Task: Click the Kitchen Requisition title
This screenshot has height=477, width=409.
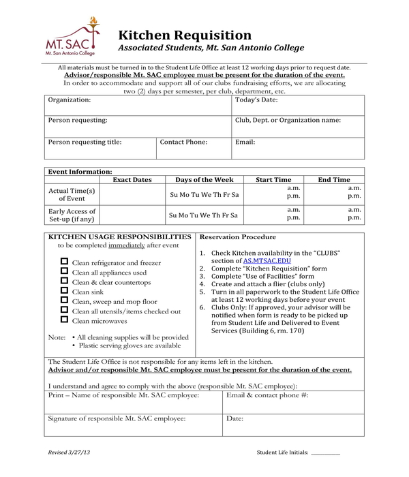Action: pos(185,35)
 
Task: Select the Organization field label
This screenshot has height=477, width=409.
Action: pos(69,100)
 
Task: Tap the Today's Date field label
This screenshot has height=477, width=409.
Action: pos(256,100)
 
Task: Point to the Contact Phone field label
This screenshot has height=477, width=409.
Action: pos(183,142)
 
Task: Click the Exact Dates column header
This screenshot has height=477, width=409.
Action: pos(132,180)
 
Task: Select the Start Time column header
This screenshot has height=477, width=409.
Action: pos(273,180)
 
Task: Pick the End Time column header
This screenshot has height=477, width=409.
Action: pos(334,180)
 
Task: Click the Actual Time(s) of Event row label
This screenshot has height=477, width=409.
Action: pos(72,194)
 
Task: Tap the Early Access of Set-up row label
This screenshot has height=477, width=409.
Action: pos(72,215)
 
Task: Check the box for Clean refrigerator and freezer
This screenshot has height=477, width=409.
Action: pos(65,262)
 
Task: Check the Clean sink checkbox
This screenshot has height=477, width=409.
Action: pos(65,291)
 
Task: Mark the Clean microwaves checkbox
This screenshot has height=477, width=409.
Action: pos(65,320)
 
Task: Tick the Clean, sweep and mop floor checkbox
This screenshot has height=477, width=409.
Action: pos(65,301)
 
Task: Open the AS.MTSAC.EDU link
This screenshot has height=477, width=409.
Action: pos(267,261)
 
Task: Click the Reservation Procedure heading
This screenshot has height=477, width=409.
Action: pos(237,237)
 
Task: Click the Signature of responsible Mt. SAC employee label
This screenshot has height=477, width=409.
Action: pos(117,418)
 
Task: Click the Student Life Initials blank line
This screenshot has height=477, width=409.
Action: pos(325,454)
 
